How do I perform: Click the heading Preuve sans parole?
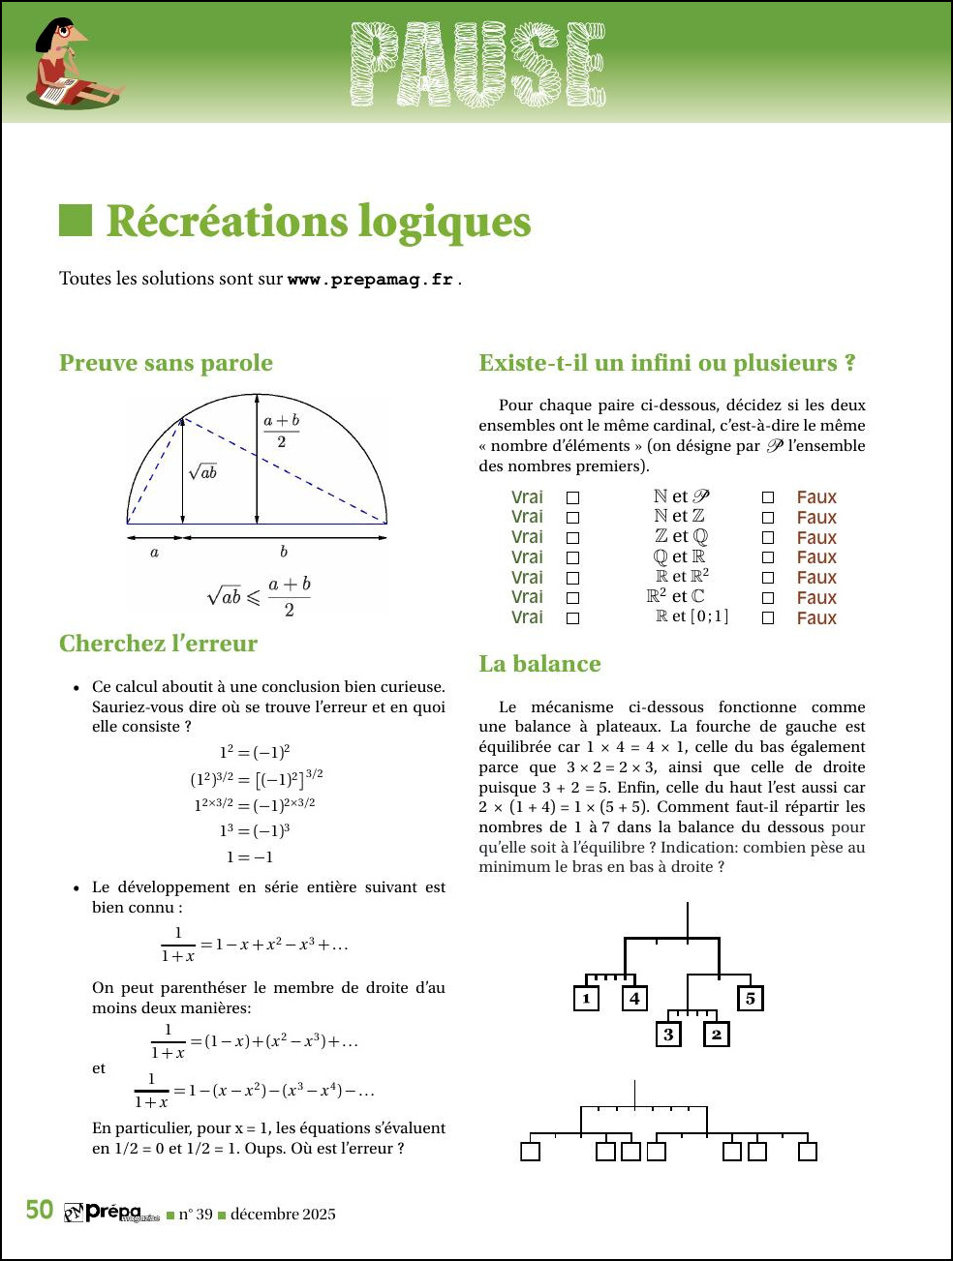(166, 363)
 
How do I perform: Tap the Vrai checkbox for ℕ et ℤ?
(572, 518)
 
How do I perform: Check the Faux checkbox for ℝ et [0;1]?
(768, 618)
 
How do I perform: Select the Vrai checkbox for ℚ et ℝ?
(572, 558)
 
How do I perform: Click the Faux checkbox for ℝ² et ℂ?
(768, 598)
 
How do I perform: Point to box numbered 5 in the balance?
(751, 998)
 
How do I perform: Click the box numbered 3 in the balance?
(668, 1034)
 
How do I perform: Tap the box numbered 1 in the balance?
(586, 998)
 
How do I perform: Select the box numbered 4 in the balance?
(634, 998)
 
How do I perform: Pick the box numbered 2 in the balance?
(717, 1034)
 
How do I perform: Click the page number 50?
(39, 1211)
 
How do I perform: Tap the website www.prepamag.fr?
(371, 280)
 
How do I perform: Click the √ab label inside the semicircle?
(203, 471)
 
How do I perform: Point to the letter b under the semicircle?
(284, 552)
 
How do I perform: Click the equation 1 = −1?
(250, 857)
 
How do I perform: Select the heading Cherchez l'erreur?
(158, 644)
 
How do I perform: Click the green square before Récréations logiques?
(76, 221)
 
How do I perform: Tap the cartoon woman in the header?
(73, 63)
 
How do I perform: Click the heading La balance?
(539, 664)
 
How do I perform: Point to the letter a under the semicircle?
(155, 553)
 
